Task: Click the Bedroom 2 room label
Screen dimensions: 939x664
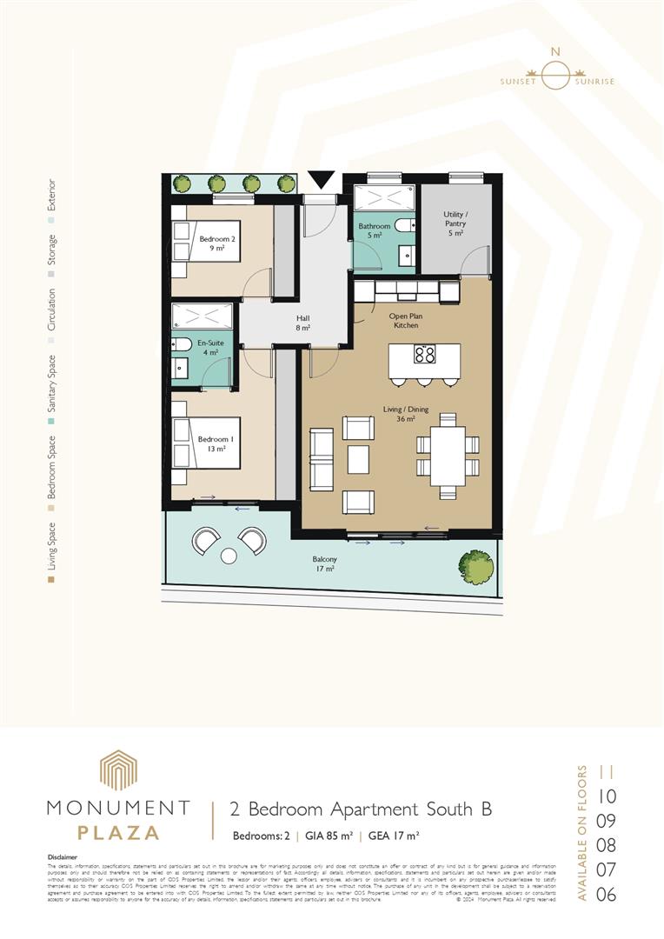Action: coord(212,243)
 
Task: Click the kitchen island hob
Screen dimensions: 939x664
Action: coord(424,354)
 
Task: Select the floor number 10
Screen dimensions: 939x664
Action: coord(607,796)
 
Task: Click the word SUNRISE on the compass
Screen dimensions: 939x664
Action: coord(594,82)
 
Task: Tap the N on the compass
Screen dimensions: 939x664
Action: coord(551,52)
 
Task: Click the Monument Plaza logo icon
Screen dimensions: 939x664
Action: coord(117,770)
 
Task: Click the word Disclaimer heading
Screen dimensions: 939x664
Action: coord(62,856)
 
